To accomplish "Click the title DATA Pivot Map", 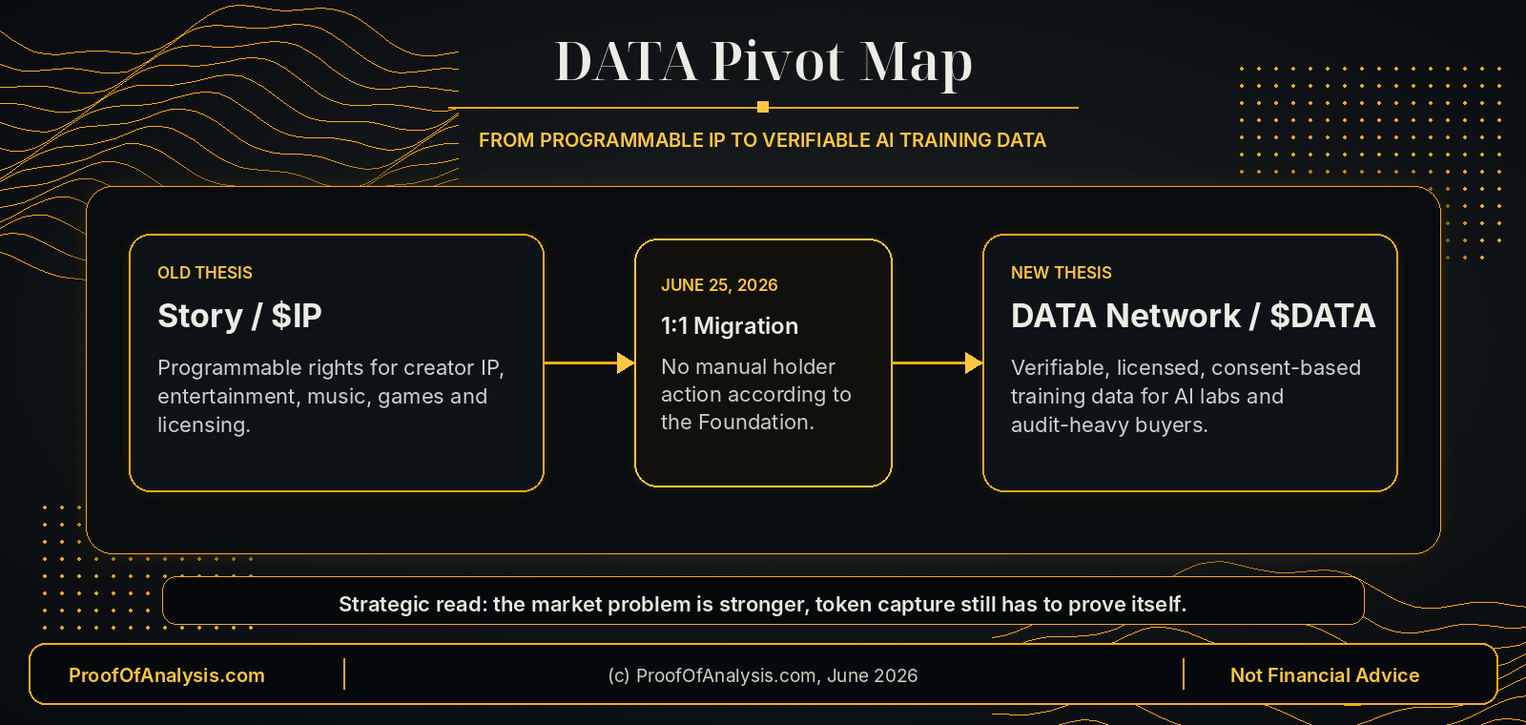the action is [763, 63].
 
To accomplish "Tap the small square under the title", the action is [763, 107].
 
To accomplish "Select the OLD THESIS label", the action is [205, 273].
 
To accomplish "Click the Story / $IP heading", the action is [239, 316].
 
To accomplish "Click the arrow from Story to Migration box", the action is [589, 363].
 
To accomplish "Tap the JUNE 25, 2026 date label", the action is [719, 285].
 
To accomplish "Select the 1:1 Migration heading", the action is [730, 325].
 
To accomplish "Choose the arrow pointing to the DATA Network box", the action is [938, 363].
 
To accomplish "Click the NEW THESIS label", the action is [1062, 273].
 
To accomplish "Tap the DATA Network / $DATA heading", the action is [1193, 316].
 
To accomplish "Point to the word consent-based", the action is [1287, 368].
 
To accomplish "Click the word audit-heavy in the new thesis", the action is [1068, 425].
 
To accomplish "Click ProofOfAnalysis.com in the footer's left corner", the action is [167, 675].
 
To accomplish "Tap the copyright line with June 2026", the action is [763, 675].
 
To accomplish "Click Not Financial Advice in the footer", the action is [1325, 675].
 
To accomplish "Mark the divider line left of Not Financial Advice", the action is [1184, 673].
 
